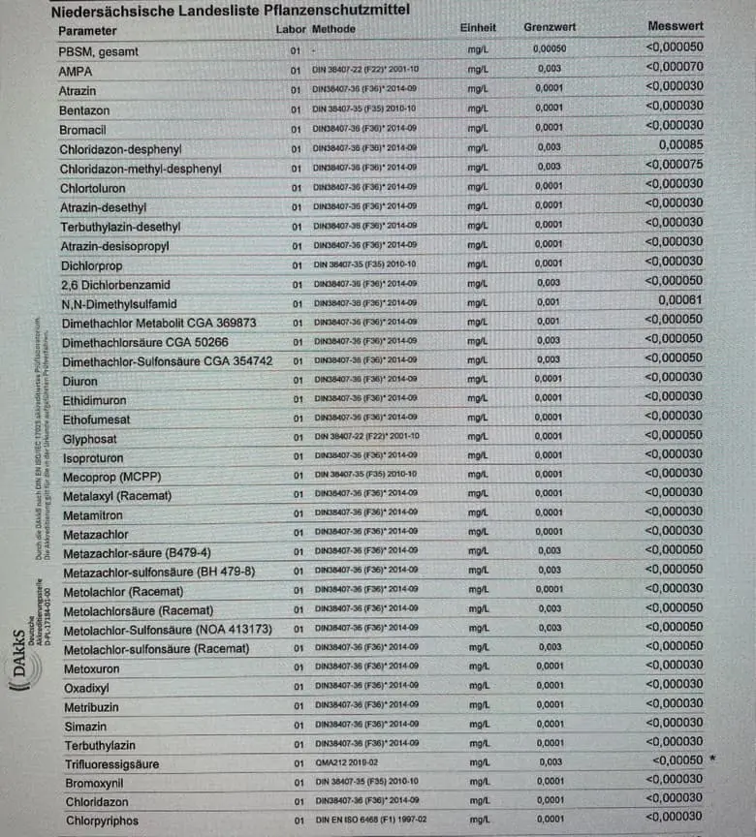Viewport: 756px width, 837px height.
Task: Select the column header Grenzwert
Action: pyautogui.click(x=550, y=28)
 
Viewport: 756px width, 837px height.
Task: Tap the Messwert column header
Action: pyautogui.click(x=677, y=26)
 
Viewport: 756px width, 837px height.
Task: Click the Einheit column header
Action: pyautogui.click(x=478, y=28)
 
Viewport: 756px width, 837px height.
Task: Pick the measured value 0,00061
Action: pyautogui.click(x=681, y=299)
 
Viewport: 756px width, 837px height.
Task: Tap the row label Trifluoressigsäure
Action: pyautogui.click(x=112, y=764)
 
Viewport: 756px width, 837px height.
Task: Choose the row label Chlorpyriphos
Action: pyautogui.click(x=102, y=821)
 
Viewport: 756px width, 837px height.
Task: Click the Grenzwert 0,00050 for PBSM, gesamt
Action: pyautogui.click(x=550, y=48)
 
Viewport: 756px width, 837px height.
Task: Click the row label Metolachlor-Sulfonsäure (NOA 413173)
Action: pyautogui.click(x=168, y=630)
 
